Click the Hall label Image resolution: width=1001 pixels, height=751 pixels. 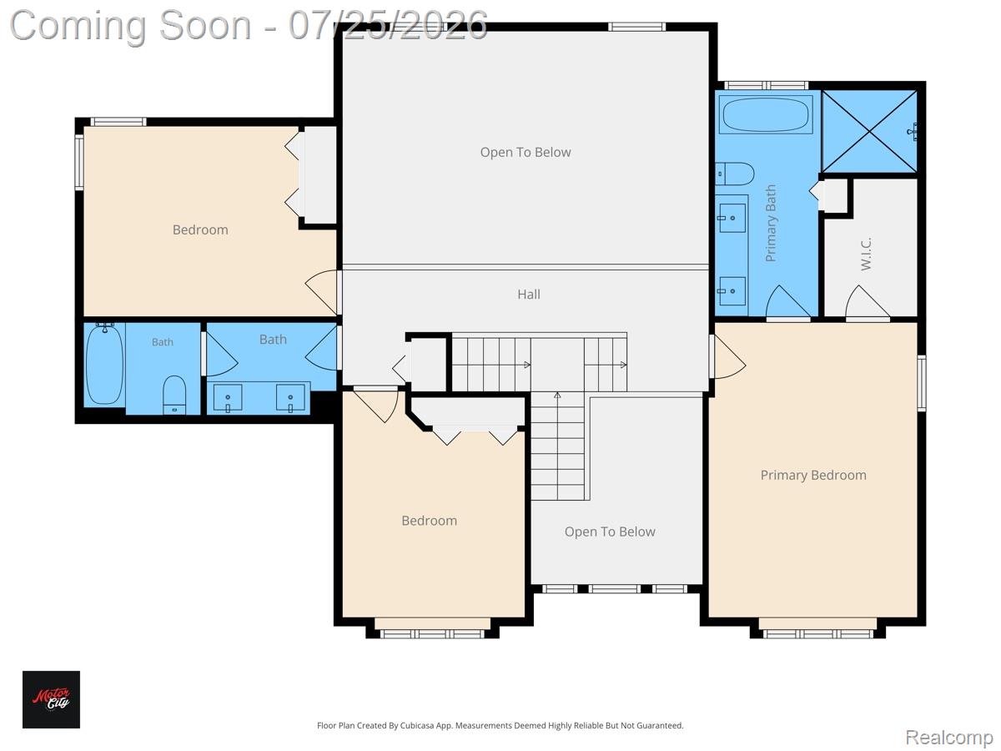[x=529, y=294]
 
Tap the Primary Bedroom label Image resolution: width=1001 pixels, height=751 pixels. [x=813, y=475]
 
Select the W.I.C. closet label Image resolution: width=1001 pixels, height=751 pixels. [x=866, y=254]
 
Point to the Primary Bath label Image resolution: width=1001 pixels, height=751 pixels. [x=770, y=223]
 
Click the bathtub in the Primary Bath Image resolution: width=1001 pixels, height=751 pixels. [x=766, y=114]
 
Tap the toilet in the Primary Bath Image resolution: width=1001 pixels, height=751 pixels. [x=734, y=174]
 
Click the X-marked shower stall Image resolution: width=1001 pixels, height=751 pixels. [x=869, y=131]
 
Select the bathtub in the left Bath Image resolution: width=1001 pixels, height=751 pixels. [x=104, y=364]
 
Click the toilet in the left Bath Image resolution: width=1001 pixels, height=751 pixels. [x=174, y=395]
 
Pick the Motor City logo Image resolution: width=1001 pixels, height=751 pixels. [x=51, y=699]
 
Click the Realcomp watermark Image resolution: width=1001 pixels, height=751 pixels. [x=948, y=737]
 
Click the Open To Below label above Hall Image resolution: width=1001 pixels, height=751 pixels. [x=526, y=153]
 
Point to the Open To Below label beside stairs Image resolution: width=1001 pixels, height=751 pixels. [x=610, y=532]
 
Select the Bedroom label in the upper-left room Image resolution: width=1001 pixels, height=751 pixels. [x=200, y=229]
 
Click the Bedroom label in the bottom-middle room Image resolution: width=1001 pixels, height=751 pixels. [x=429, y=521]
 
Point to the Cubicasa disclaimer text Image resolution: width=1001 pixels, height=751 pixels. [x=500, y=725]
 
